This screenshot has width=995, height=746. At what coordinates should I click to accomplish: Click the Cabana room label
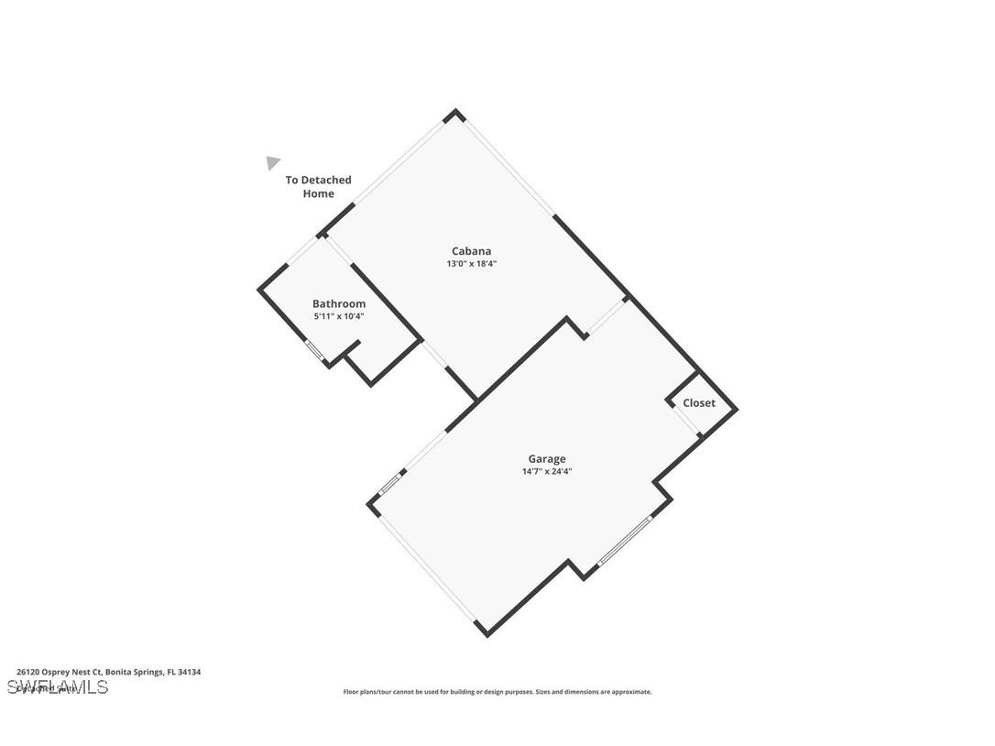click(471, 251)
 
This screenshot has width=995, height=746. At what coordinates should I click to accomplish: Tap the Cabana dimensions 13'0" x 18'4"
click(471, 264)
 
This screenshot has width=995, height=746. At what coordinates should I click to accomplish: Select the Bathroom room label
click(339, 304)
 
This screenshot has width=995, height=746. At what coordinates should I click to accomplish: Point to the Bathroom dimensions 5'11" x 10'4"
click(339, 317)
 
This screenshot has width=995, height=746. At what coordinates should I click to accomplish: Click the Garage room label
click(546, 459)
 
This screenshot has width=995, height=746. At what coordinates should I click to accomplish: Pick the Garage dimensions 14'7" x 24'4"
click(547, 472)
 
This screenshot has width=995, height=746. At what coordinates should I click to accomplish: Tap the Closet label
click(699, 403)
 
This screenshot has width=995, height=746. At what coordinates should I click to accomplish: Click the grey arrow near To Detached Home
click(272, 163)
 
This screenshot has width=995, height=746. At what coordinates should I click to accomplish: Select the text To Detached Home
click(318, 187)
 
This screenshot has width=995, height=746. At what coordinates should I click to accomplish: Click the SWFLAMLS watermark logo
click(57, 687)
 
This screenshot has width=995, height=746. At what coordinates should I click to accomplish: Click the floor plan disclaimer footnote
click(497, 692)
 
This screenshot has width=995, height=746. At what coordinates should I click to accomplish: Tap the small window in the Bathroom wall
click(314, 351)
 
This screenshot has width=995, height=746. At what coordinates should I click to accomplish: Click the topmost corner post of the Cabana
click(454, 115)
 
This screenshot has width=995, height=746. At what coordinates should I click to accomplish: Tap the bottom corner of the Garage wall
click(486, 632)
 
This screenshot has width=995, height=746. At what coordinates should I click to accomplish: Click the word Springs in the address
click(148, 672)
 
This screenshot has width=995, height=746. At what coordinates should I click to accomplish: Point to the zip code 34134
click(191, 672)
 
